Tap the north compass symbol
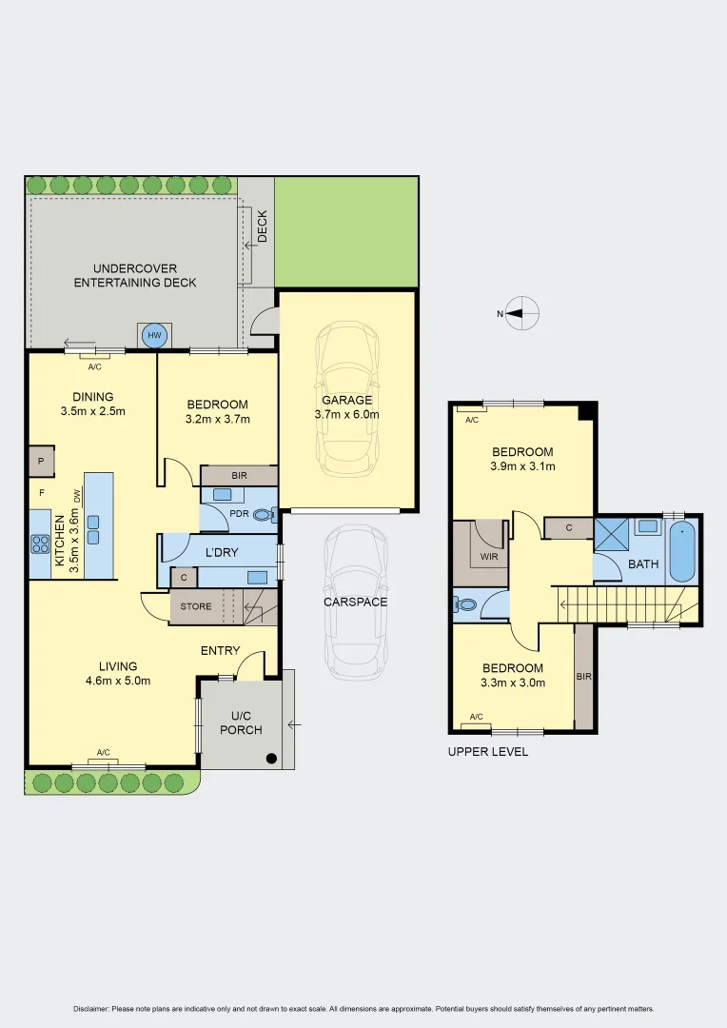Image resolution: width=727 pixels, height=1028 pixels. (522, 312)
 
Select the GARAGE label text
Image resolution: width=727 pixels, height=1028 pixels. (346, 401)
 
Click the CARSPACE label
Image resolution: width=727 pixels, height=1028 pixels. (356, 602)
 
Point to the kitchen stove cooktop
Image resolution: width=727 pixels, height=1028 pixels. (40, 544)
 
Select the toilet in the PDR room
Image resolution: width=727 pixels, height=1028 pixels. (264, 515)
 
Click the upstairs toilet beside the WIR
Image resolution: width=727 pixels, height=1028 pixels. (465, 604)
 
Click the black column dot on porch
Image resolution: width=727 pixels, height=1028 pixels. (272, 759)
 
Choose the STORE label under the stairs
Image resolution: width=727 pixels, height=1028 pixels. (196, 605)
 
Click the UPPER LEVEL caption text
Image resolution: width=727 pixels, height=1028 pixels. (487, 751)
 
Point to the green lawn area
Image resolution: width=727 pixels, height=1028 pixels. (345, 231)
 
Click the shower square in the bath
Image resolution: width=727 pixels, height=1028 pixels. (611, 534)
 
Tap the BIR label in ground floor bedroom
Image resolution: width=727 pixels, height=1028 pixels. (238, 474)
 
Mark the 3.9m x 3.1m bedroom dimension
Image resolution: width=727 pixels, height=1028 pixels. (521, 466)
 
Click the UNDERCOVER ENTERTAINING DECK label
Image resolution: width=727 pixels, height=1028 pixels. (135, 275)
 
